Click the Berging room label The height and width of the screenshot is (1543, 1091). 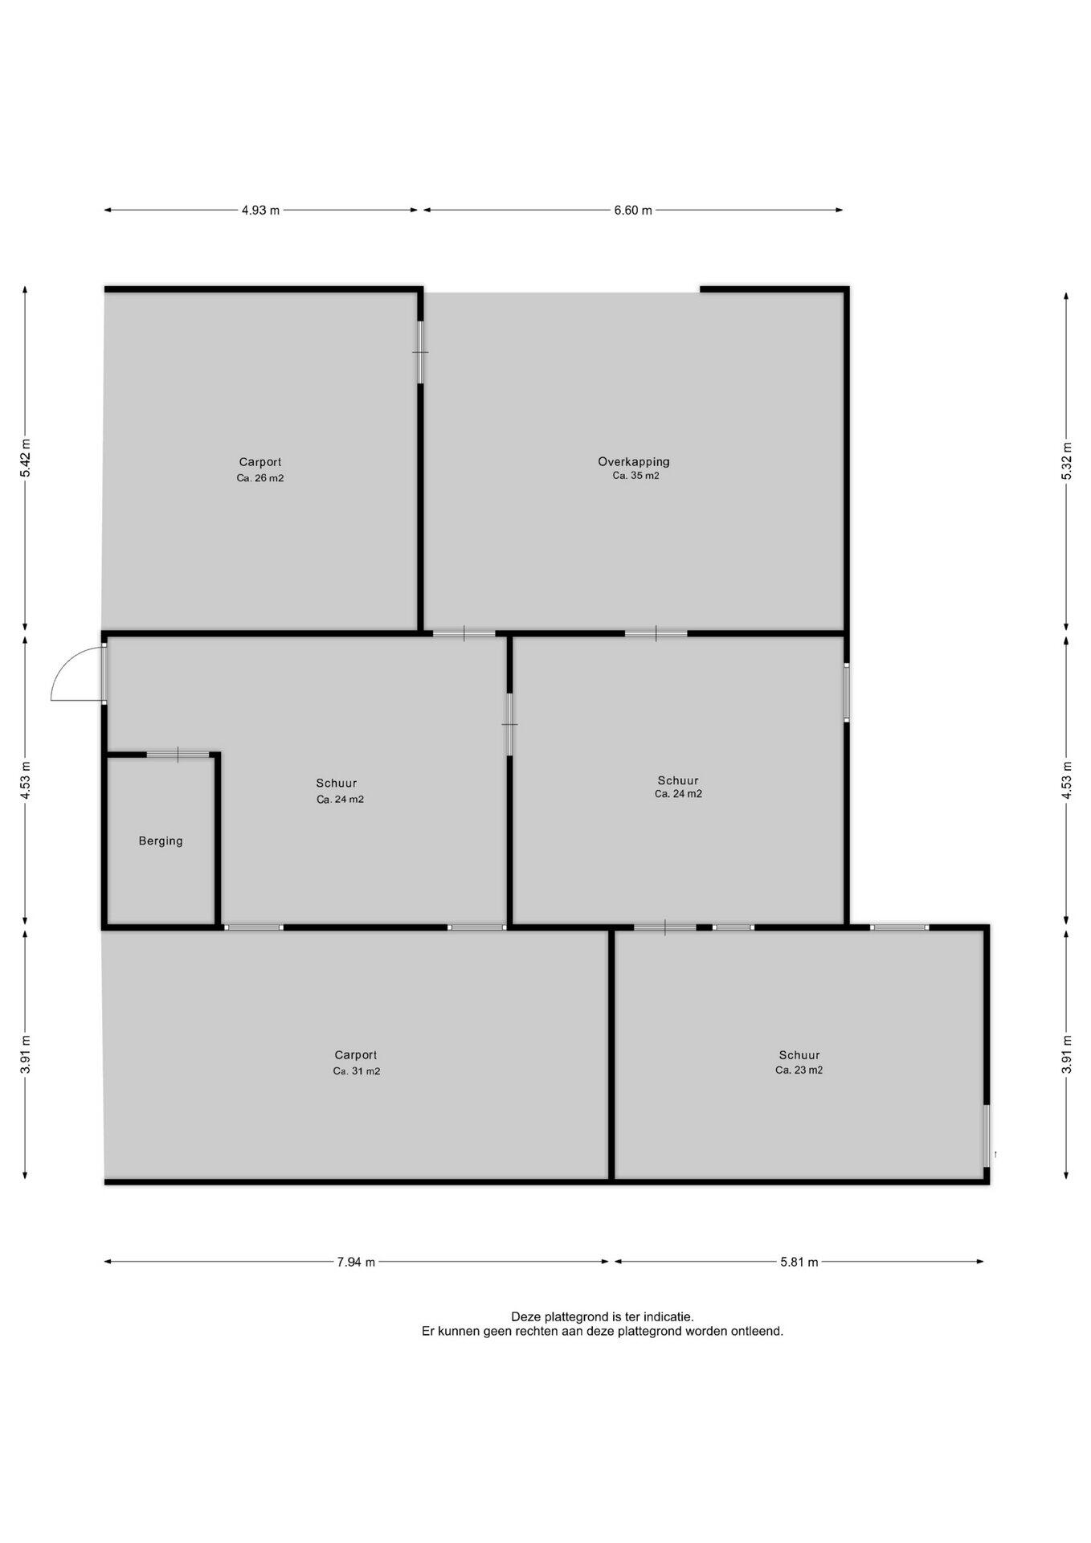(161, 841)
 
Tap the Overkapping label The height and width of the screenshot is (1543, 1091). (634, 462)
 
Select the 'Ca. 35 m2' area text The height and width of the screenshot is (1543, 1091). (635, 476)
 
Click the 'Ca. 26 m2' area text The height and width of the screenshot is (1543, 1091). (260, 478)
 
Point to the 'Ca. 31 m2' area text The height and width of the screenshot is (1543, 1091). (357, 1071)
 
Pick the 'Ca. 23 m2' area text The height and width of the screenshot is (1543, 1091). (799, 1070)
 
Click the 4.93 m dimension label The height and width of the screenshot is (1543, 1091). (260, 211)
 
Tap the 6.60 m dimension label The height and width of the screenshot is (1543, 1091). (633, 211)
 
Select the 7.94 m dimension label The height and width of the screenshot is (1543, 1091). (356, 1262)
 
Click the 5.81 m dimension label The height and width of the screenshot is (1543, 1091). (799, 1262)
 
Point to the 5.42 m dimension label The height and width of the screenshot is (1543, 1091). (26, 458)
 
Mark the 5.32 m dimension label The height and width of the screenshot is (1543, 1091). (1067, 461)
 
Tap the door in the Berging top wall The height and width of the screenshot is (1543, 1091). (178, 754)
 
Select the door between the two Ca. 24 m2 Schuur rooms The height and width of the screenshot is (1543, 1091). (509, 724)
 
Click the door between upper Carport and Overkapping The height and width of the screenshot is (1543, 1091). (420, 352)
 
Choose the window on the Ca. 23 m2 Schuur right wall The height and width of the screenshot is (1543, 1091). (987, 1136)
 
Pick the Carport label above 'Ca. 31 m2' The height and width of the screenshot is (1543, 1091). (356, 1055)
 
